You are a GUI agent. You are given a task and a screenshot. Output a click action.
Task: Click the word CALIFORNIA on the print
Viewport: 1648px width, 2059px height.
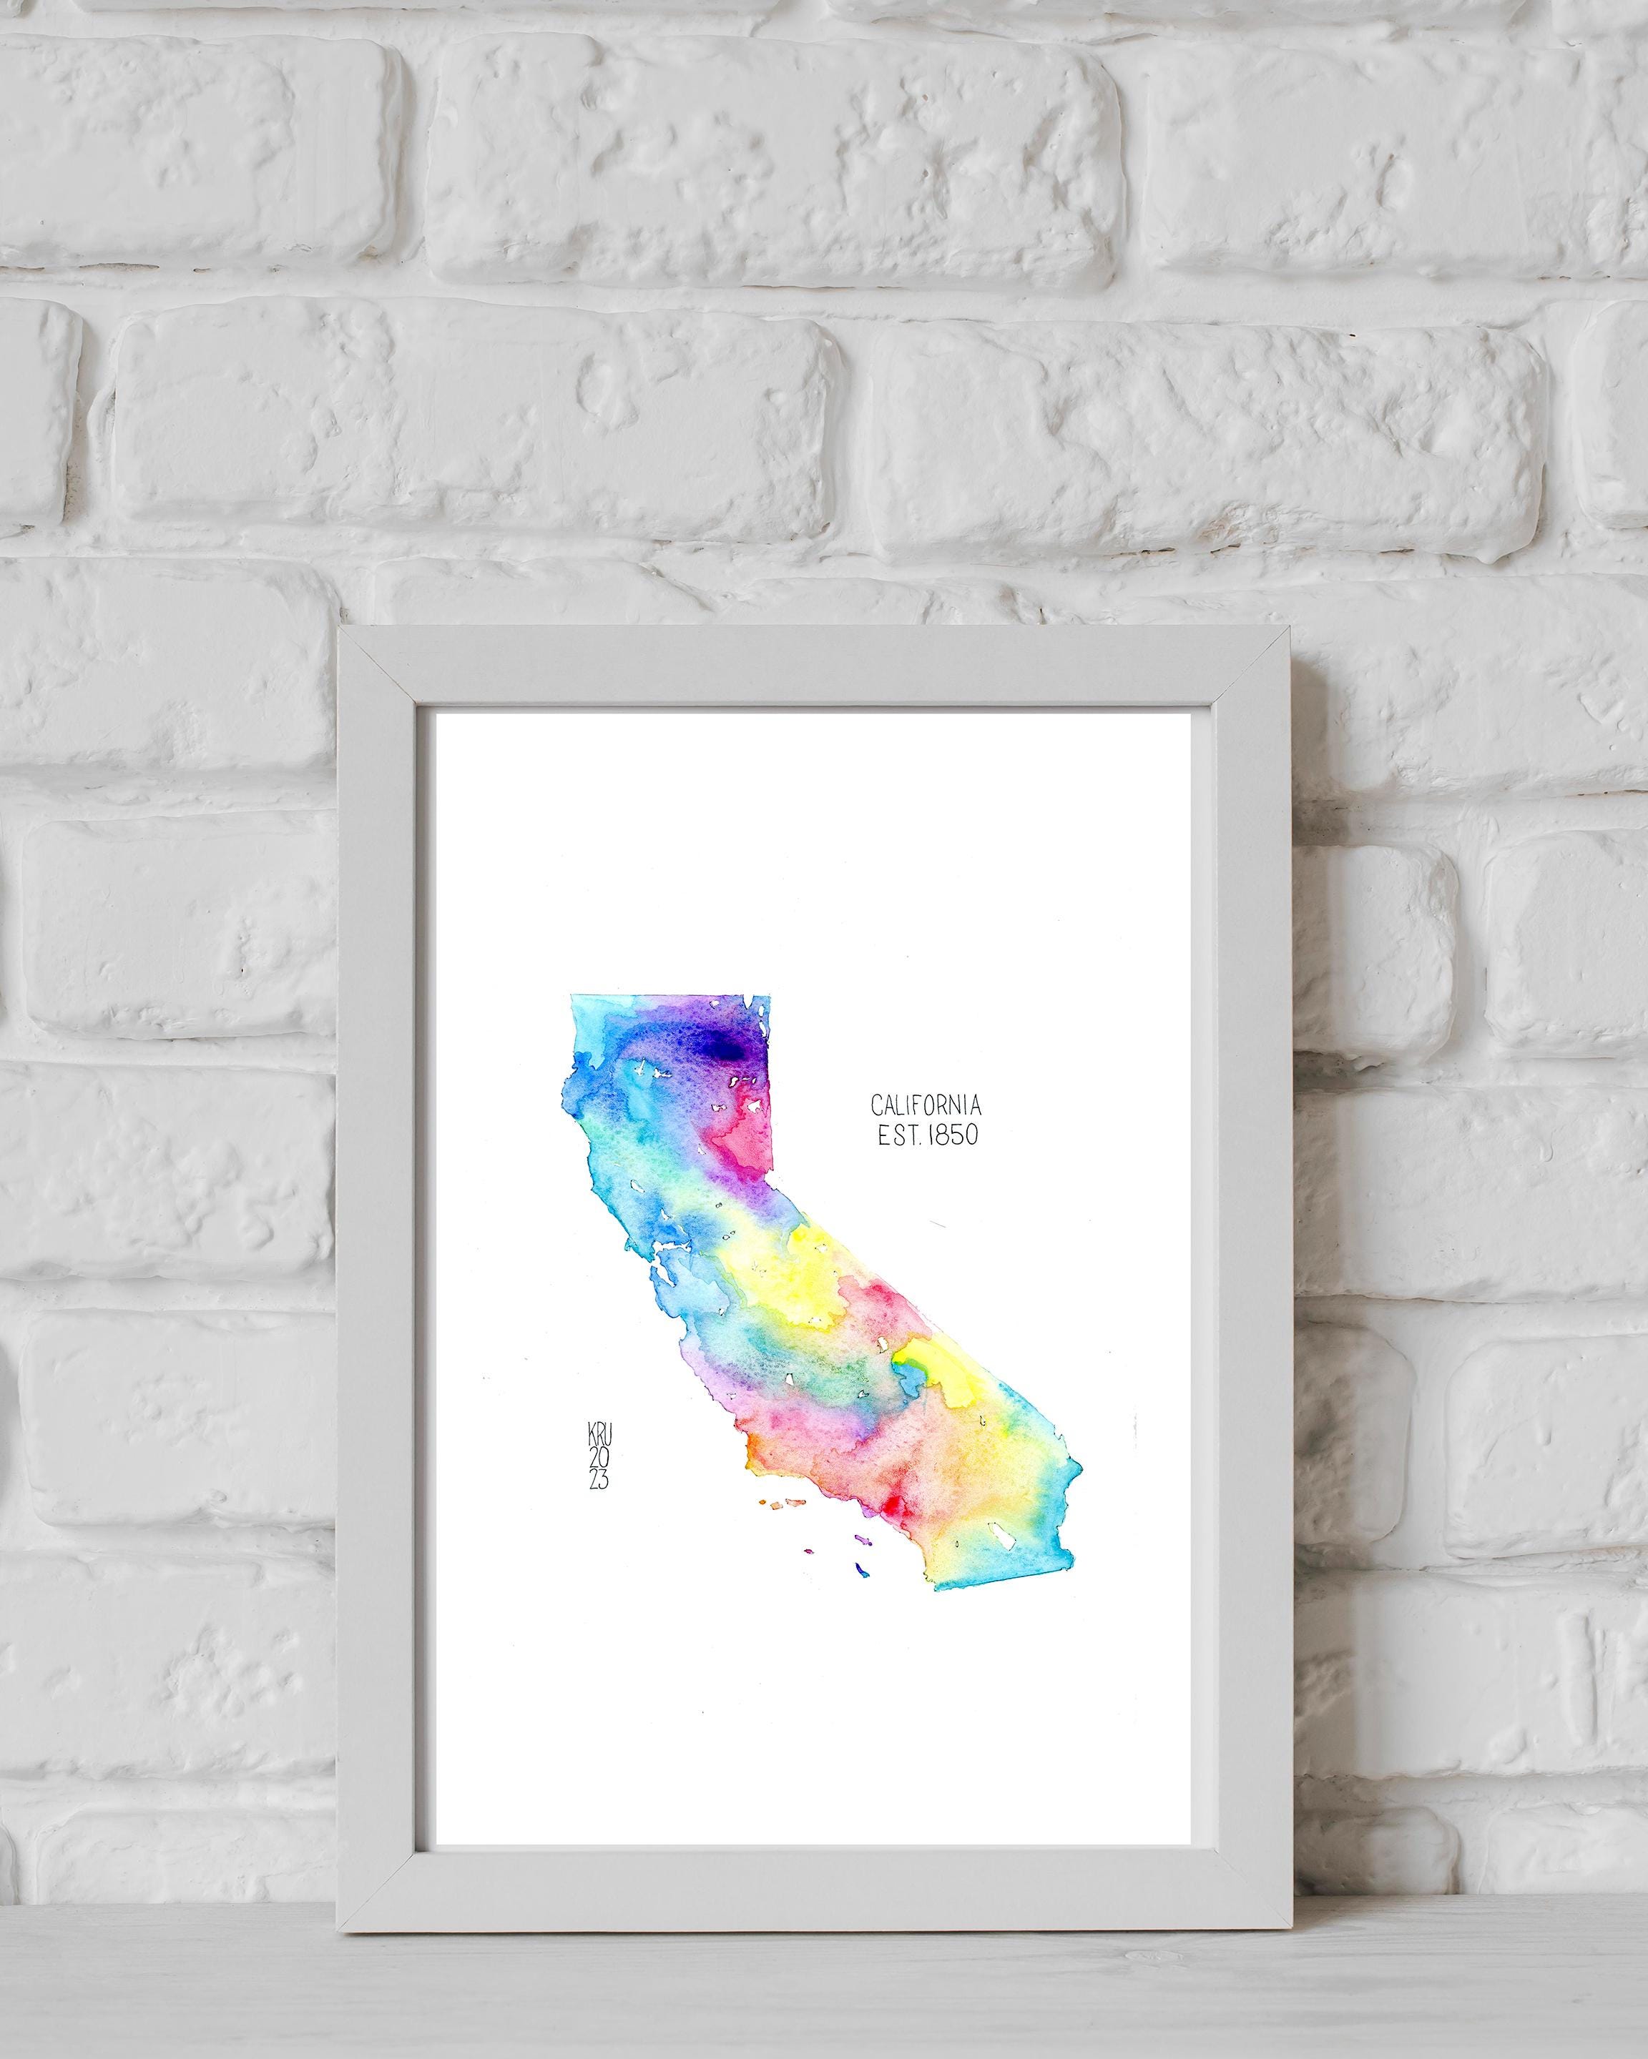tap(926, 1106)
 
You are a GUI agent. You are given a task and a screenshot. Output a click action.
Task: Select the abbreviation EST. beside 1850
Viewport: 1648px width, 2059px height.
tap(896, 1135)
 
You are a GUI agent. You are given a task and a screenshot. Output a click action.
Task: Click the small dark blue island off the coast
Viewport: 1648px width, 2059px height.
tap(862, 1595)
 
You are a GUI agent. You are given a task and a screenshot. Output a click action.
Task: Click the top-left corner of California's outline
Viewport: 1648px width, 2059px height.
tap(572, 995)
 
